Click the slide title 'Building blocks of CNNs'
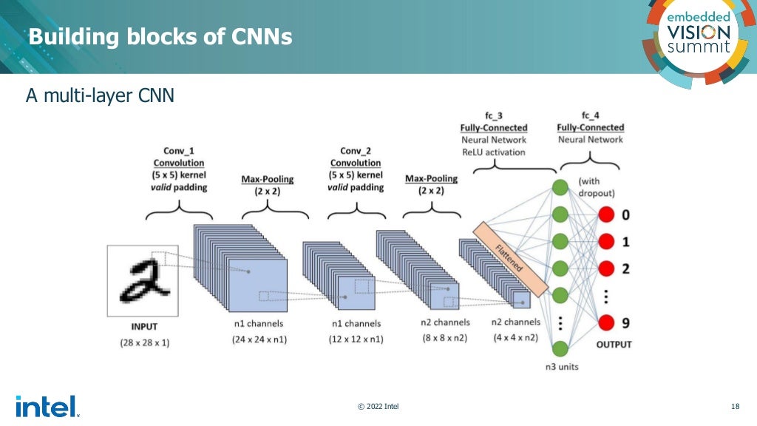(x=160, y=36)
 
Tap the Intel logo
(x=46, y=406)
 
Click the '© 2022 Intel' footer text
(x=378, y=406)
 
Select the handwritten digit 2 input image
(x=142, y=278)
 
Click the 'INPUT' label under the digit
(x=144, y=326)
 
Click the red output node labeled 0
(x=607, y=215)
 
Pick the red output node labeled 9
(x=607, y=322)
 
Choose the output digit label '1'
(x=626, y=242)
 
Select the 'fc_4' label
(x=590, y=115)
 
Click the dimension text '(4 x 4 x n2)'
(x=516, y=337)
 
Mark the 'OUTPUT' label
(x=614, y=345)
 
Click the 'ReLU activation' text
(x=493, y=152)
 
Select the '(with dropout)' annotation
(x=598, y=187)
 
